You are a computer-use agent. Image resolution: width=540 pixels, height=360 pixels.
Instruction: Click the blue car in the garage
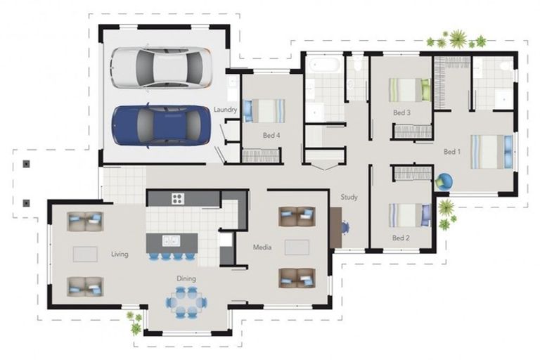tap(161, 125)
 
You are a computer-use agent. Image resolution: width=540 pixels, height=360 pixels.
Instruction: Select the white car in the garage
tap(161, 67)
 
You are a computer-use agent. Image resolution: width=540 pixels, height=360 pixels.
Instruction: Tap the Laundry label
tap(225, 110)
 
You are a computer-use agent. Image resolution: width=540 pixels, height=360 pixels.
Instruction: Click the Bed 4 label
tap(271, 136)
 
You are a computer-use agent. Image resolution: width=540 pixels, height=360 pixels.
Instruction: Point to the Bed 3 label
tap(402, 112)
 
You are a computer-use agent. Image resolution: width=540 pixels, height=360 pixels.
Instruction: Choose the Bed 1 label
tap(452, 152)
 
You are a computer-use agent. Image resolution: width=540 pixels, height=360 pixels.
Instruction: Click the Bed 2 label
tap(401, 238)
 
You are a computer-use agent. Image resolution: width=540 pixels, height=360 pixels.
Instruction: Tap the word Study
tap(349, 197)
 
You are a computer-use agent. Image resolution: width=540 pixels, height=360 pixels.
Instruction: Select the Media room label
tap(262, 247)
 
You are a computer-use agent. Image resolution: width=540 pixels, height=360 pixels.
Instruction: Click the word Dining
tap(186, 278)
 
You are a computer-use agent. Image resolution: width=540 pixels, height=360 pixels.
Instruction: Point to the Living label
tap(120, 255)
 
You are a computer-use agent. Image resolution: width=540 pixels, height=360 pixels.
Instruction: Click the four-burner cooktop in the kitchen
tap(178, 198)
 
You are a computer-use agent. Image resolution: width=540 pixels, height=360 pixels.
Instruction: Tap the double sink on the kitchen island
tap(171, 240)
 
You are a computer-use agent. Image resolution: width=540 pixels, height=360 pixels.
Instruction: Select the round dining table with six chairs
tap(186, 302)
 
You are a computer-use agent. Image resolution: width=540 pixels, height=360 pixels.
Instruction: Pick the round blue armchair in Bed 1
tap(444, 182)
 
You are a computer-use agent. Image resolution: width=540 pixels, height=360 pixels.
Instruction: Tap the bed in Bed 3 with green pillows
tap(410, 90)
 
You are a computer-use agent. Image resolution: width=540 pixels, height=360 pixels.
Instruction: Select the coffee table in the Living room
tap(85, 255)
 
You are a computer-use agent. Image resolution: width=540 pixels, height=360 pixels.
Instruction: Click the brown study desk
tap(336, 227)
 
